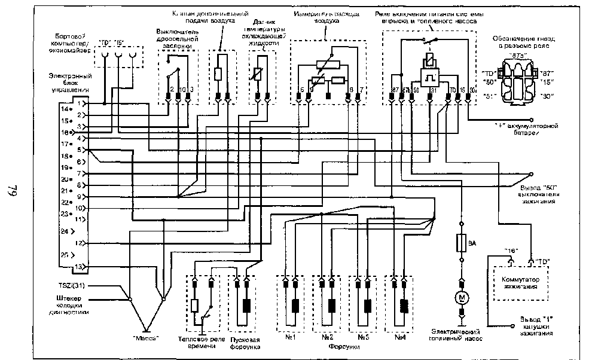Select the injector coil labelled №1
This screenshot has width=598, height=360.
295,305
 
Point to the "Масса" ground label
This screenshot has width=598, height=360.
147,338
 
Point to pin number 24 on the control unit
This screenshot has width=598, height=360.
64,230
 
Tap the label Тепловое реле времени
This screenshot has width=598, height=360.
202,342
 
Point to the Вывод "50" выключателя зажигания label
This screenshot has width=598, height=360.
535,194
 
